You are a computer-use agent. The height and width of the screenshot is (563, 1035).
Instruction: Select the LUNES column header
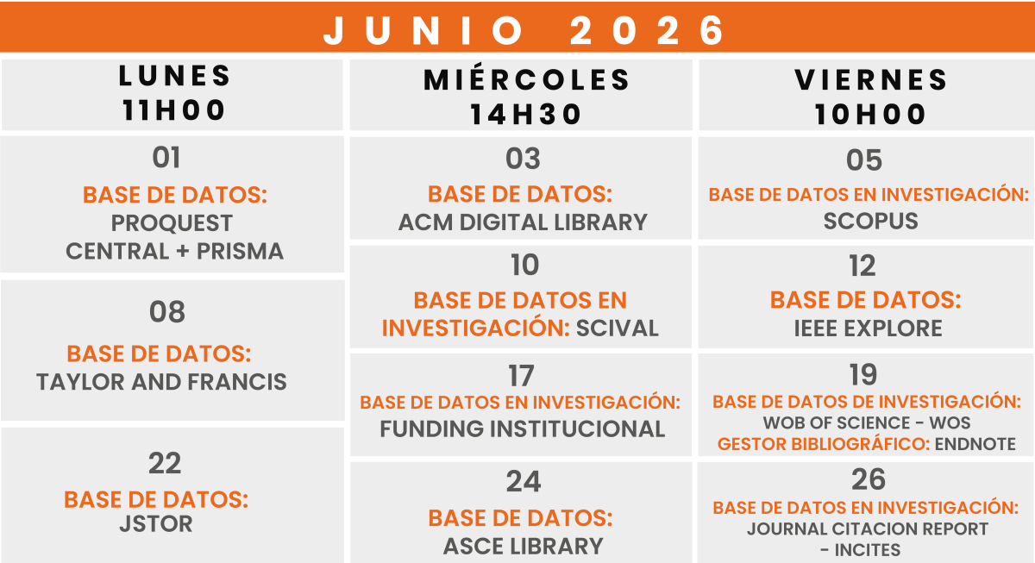click(174, 76)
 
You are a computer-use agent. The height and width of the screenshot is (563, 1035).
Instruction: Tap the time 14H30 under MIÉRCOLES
click(526, 115)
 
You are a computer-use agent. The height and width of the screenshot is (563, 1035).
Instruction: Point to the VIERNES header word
click(871, 79)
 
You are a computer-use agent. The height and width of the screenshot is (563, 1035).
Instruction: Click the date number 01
click(166, 158)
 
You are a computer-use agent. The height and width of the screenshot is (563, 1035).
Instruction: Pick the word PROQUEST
click(172, 223)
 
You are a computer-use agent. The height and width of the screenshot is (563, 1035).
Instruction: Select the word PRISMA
click(241, 252)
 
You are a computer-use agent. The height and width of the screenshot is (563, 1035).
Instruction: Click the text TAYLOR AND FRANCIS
click(162, 382)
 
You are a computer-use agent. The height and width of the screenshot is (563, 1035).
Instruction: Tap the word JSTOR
click(156, 524)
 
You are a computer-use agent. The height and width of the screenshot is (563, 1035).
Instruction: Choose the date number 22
click(165, 463)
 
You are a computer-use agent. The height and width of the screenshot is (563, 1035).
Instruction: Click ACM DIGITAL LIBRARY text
click(523, 222)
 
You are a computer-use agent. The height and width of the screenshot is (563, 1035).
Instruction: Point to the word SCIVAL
click(618, 328)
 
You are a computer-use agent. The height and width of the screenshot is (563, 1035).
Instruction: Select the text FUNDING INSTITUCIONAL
click(523, 429)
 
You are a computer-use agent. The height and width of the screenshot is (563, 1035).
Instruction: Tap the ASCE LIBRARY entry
click(524, 547)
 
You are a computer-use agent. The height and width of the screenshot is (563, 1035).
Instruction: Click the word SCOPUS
click(871, 222)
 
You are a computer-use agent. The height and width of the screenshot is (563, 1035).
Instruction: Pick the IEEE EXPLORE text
click(869, 328)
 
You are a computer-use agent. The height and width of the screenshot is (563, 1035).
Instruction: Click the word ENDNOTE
click(975, 444)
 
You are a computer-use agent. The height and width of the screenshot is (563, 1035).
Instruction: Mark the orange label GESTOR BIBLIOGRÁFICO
click(824, 444)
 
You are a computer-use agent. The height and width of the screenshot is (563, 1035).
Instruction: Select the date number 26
click(869, 479)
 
